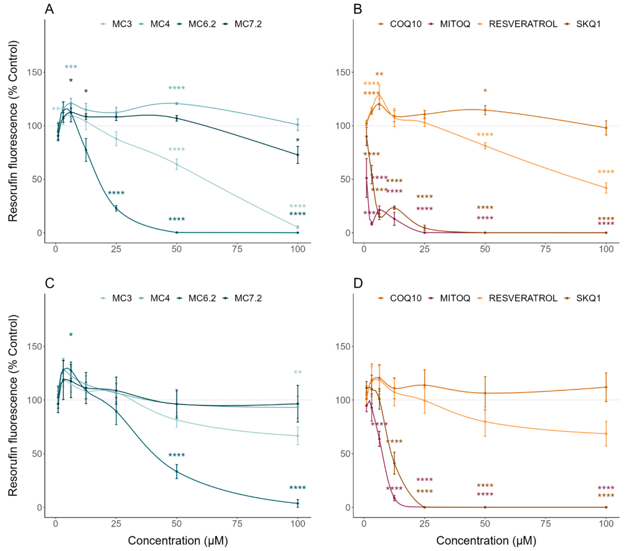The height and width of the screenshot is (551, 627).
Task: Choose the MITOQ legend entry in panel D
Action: [x=455, y=298]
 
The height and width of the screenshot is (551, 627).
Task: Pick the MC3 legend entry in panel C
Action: [x=121, y=298]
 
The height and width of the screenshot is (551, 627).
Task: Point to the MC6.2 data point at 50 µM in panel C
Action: [x=176, y=471]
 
